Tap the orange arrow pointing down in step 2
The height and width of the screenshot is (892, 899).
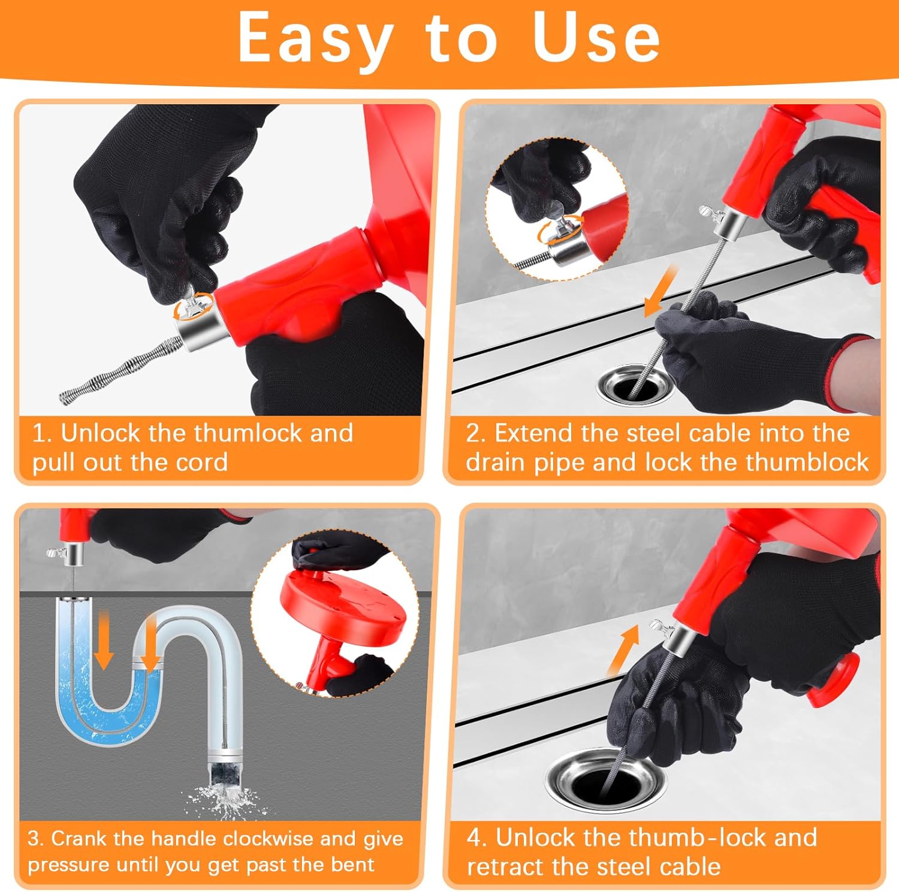(660, 292)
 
